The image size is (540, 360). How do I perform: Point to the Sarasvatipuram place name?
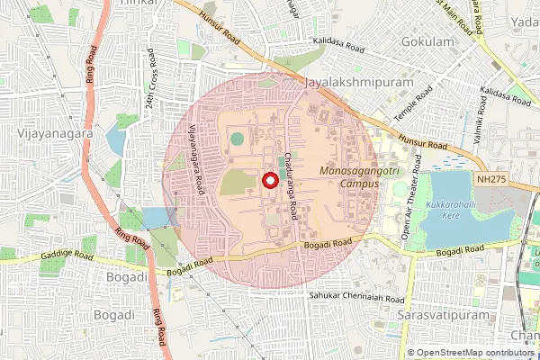point(439,318)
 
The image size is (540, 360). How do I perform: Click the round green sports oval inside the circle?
point(237,139)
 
